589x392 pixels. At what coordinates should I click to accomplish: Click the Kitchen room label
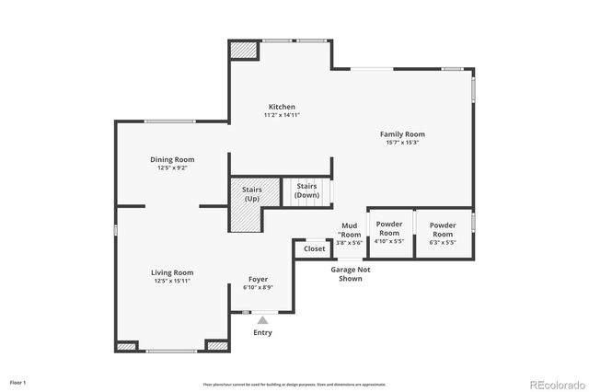tap(282, 106)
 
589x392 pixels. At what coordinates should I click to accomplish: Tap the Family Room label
tap(402, 134)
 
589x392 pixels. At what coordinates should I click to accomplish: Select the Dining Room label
tap(172, 159)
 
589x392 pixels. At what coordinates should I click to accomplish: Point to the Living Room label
tap(172, 272)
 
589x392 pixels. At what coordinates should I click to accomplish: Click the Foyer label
tap(259, 279)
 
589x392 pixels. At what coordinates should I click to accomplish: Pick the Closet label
tap(315, 248)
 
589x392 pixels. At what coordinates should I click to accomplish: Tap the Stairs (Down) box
tap(306, 191)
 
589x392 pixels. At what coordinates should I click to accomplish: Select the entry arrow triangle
tap(262, 320)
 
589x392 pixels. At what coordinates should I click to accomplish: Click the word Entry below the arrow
tap(262, 332)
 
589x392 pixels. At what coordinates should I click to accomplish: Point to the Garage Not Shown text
tap(351, 273)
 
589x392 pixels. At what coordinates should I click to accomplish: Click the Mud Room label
tap(350, 230)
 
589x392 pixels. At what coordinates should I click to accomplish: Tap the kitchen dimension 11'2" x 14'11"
tap(282, 115)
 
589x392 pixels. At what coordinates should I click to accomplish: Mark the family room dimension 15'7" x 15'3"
tap(402, 143)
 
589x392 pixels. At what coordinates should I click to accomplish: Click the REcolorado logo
tap(553, 383)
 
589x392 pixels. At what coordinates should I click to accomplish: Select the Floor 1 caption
tap(17, 382)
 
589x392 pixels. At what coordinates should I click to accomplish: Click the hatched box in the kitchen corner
tap(243, 51)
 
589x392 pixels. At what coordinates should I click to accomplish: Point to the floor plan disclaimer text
tap(294, 384)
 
